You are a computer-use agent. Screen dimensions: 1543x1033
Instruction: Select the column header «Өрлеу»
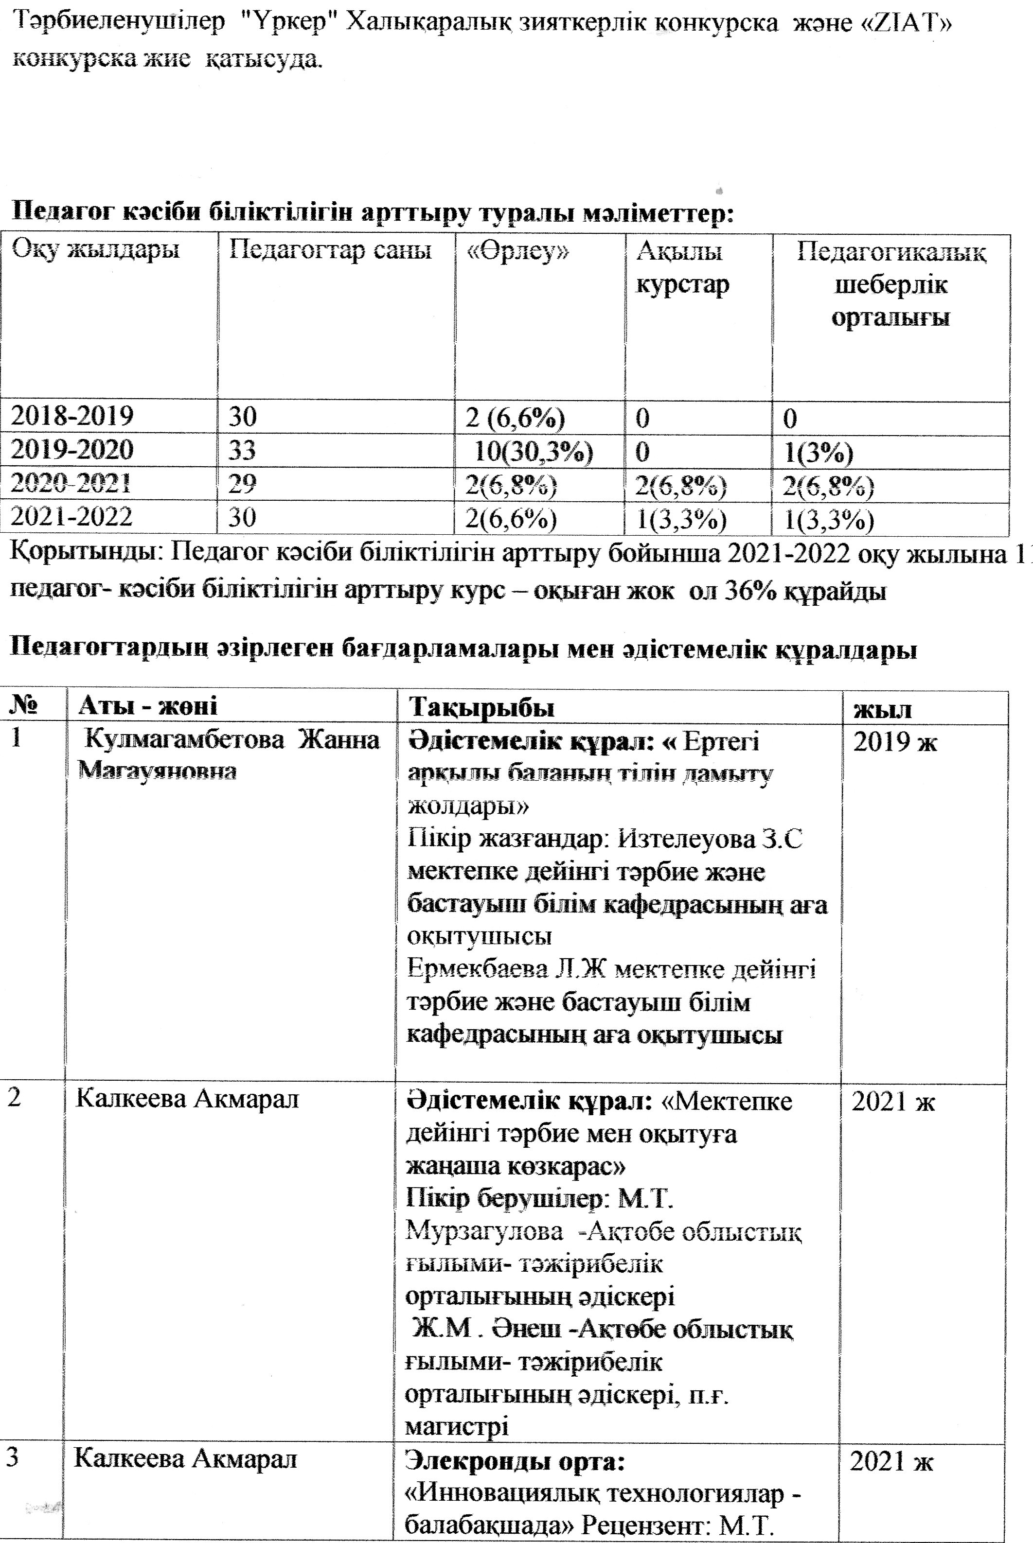point(516,251)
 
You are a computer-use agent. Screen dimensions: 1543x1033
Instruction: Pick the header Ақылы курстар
point(682,267)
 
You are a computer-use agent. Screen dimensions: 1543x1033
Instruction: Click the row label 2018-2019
point(72,416)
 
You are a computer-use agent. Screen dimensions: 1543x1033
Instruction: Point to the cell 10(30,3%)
point(534,451)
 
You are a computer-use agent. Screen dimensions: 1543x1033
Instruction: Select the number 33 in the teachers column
point(242,451)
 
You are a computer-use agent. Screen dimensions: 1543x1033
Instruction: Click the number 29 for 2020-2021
point(242,485)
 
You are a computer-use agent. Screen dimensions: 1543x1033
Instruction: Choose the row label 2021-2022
point(72,516)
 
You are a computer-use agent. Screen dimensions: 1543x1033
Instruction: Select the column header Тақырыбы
point(481,707)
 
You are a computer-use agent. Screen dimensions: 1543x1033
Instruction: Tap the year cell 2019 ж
point(895,742)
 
